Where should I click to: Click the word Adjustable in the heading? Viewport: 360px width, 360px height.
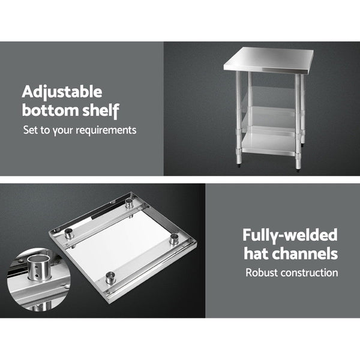pos(62,92)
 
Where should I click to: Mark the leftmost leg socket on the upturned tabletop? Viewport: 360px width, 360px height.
pos(71,236)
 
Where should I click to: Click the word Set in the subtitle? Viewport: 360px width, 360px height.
pos(30,130)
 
